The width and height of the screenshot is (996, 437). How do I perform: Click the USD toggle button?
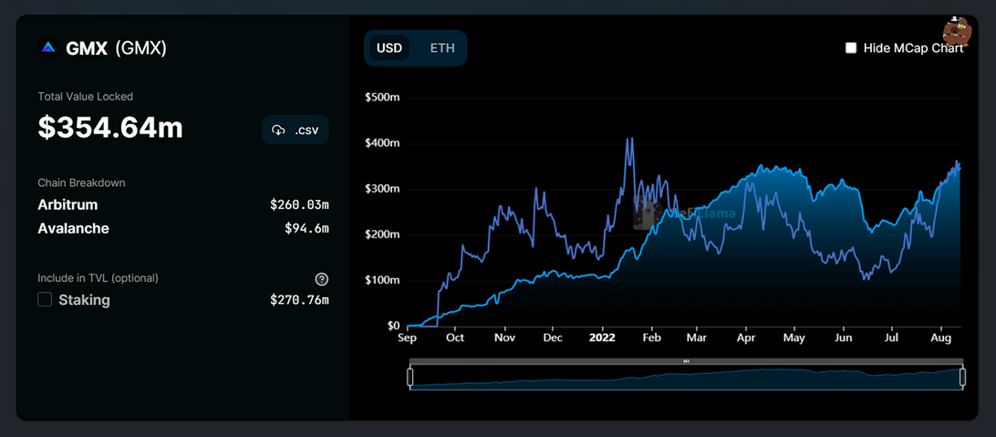pos(389,47)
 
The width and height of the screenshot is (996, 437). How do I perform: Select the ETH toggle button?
pos(442,47)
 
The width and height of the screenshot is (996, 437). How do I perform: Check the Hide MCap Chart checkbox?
pos(851,48)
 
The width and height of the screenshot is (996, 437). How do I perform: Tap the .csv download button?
pos(296,130)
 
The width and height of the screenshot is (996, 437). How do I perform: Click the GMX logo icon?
pos(47,48)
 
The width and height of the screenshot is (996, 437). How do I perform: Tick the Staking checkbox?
pos(45,299)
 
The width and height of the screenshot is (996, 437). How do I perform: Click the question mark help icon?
pos(321,278)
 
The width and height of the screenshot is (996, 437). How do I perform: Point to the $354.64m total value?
pos(110,128)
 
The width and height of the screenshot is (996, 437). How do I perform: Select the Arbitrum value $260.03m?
pos(299,205)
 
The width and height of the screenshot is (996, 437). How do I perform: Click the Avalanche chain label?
pos(73,228)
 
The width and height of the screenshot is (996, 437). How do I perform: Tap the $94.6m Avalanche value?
pos(306,228)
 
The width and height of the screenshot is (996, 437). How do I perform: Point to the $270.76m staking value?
pos(299,300)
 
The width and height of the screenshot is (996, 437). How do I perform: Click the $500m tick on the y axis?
pos(382,98)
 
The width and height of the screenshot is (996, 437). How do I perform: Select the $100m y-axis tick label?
pos(382,281)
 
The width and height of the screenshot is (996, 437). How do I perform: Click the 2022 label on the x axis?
pos(602,338)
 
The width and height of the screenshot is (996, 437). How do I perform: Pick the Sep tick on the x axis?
pos(407,338)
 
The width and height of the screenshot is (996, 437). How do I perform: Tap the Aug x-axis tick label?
pos(941,338)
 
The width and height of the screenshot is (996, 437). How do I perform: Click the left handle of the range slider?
pos(410,378)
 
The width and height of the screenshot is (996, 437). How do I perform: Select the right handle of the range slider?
pos(962,378)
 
